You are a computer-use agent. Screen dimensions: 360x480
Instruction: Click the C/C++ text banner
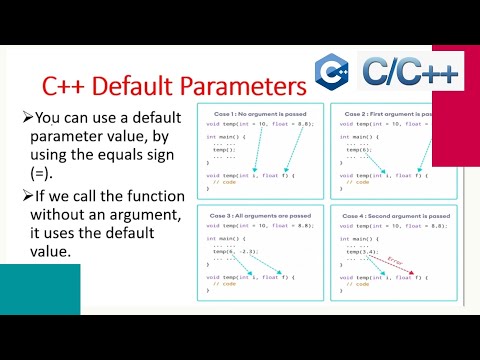(395, 72)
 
